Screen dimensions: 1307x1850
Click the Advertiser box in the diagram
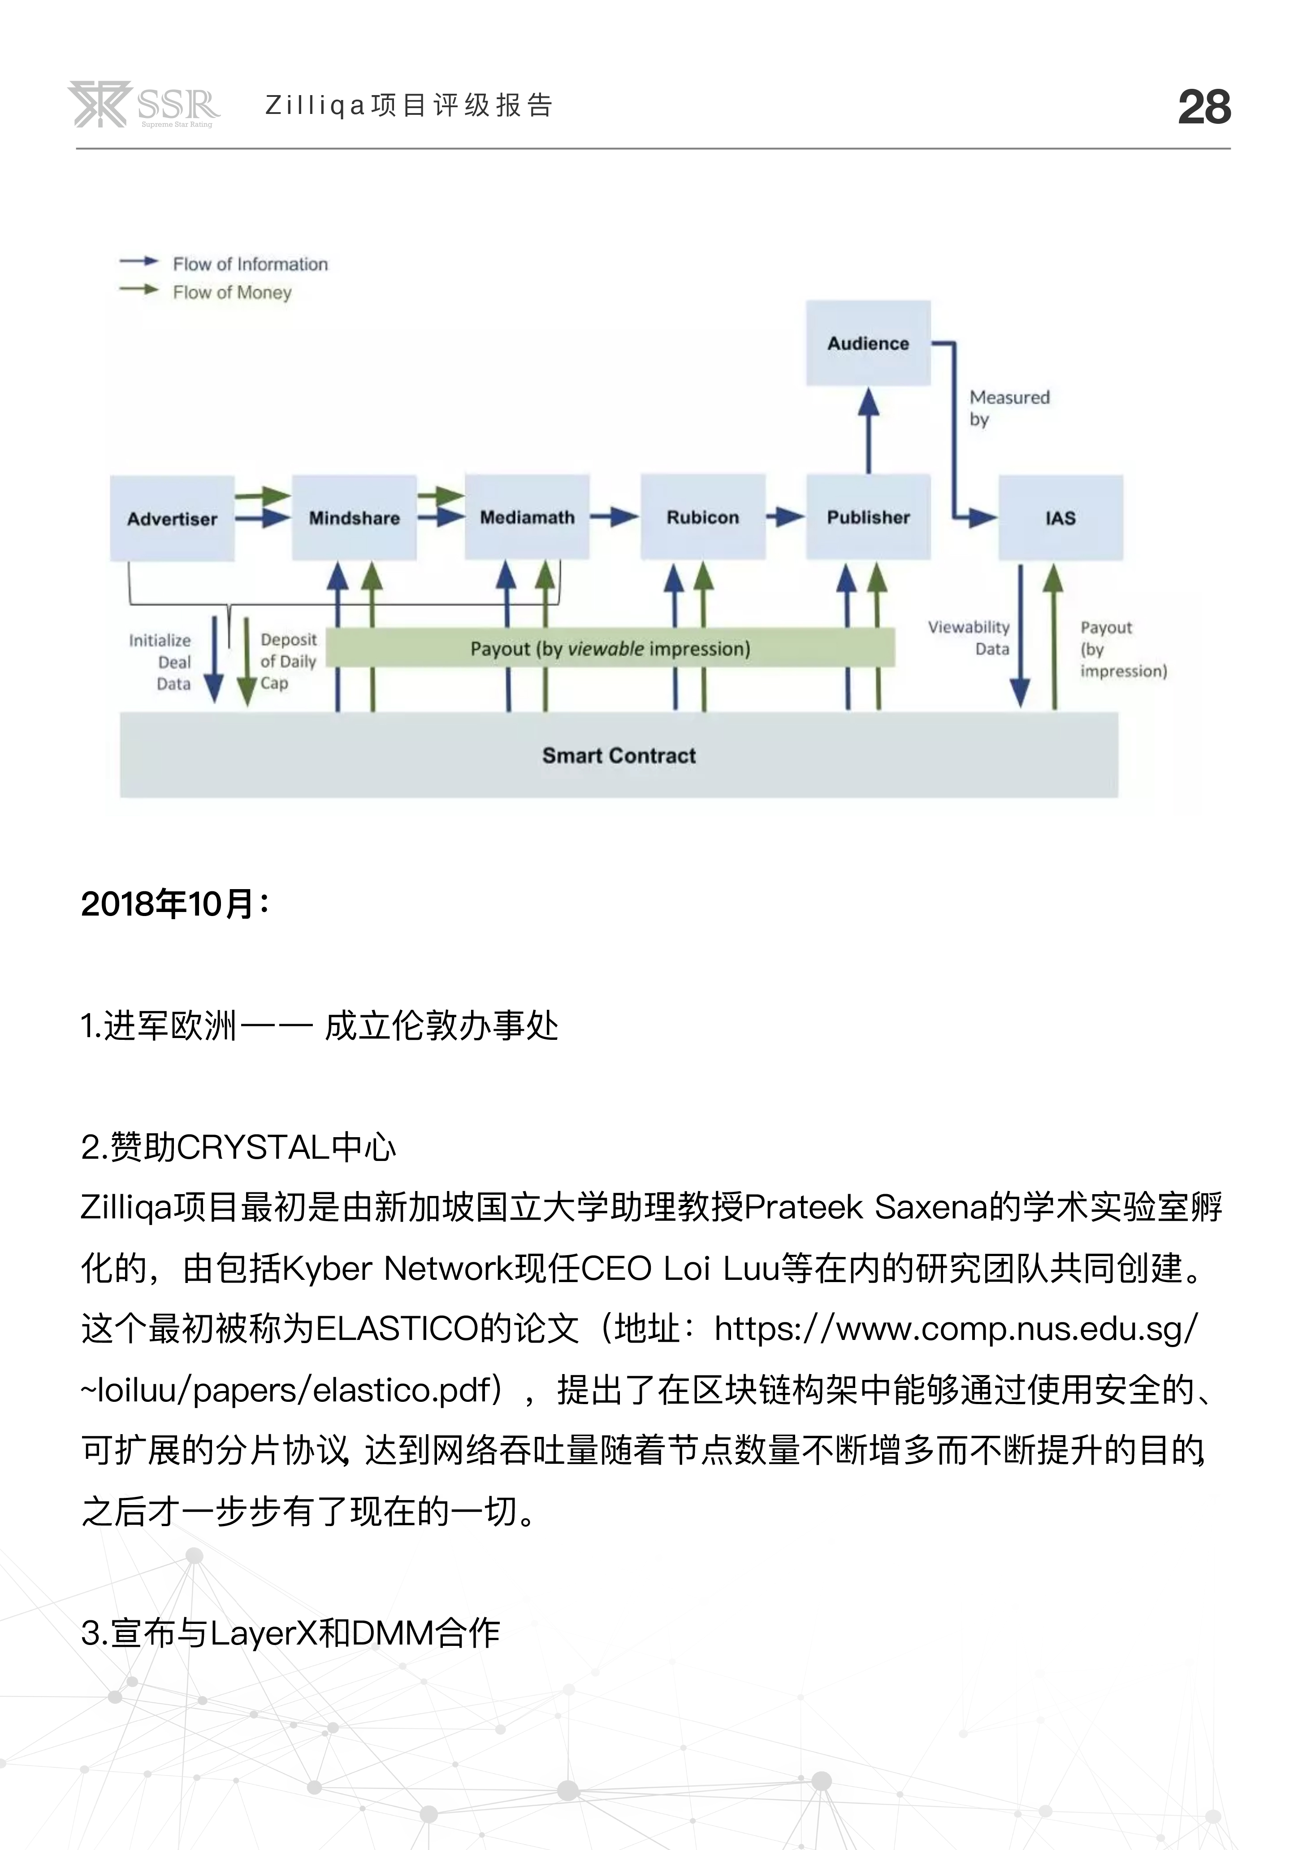172,518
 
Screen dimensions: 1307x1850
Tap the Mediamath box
528,517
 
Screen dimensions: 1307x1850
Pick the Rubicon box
703,517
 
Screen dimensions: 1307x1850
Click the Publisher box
868,517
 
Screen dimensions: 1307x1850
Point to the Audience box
868,343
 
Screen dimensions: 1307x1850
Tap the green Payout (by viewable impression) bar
610,648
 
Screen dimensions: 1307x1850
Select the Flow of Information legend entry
224,263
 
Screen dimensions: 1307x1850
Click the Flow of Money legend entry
205,292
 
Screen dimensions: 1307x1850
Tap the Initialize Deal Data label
160,662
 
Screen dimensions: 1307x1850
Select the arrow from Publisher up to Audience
868,430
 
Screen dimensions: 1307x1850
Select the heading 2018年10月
176,904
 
